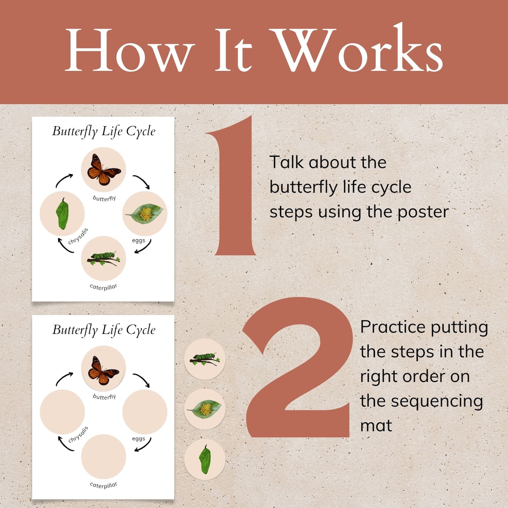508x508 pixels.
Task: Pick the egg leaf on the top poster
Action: coord(145,214)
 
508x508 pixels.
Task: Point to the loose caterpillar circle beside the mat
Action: coord(205,359)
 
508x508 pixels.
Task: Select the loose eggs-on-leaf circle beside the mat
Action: coord(205,409)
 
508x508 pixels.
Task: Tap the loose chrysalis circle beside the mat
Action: coord(205,459)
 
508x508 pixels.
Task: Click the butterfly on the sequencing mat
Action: coord(103,370)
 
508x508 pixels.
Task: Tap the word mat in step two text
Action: coord(376,426)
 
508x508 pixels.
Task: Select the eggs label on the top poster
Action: coord(139,240)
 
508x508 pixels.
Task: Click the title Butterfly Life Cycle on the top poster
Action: coord(104,131)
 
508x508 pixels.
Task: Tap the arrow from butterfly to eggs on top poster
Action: coord(141,181)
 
